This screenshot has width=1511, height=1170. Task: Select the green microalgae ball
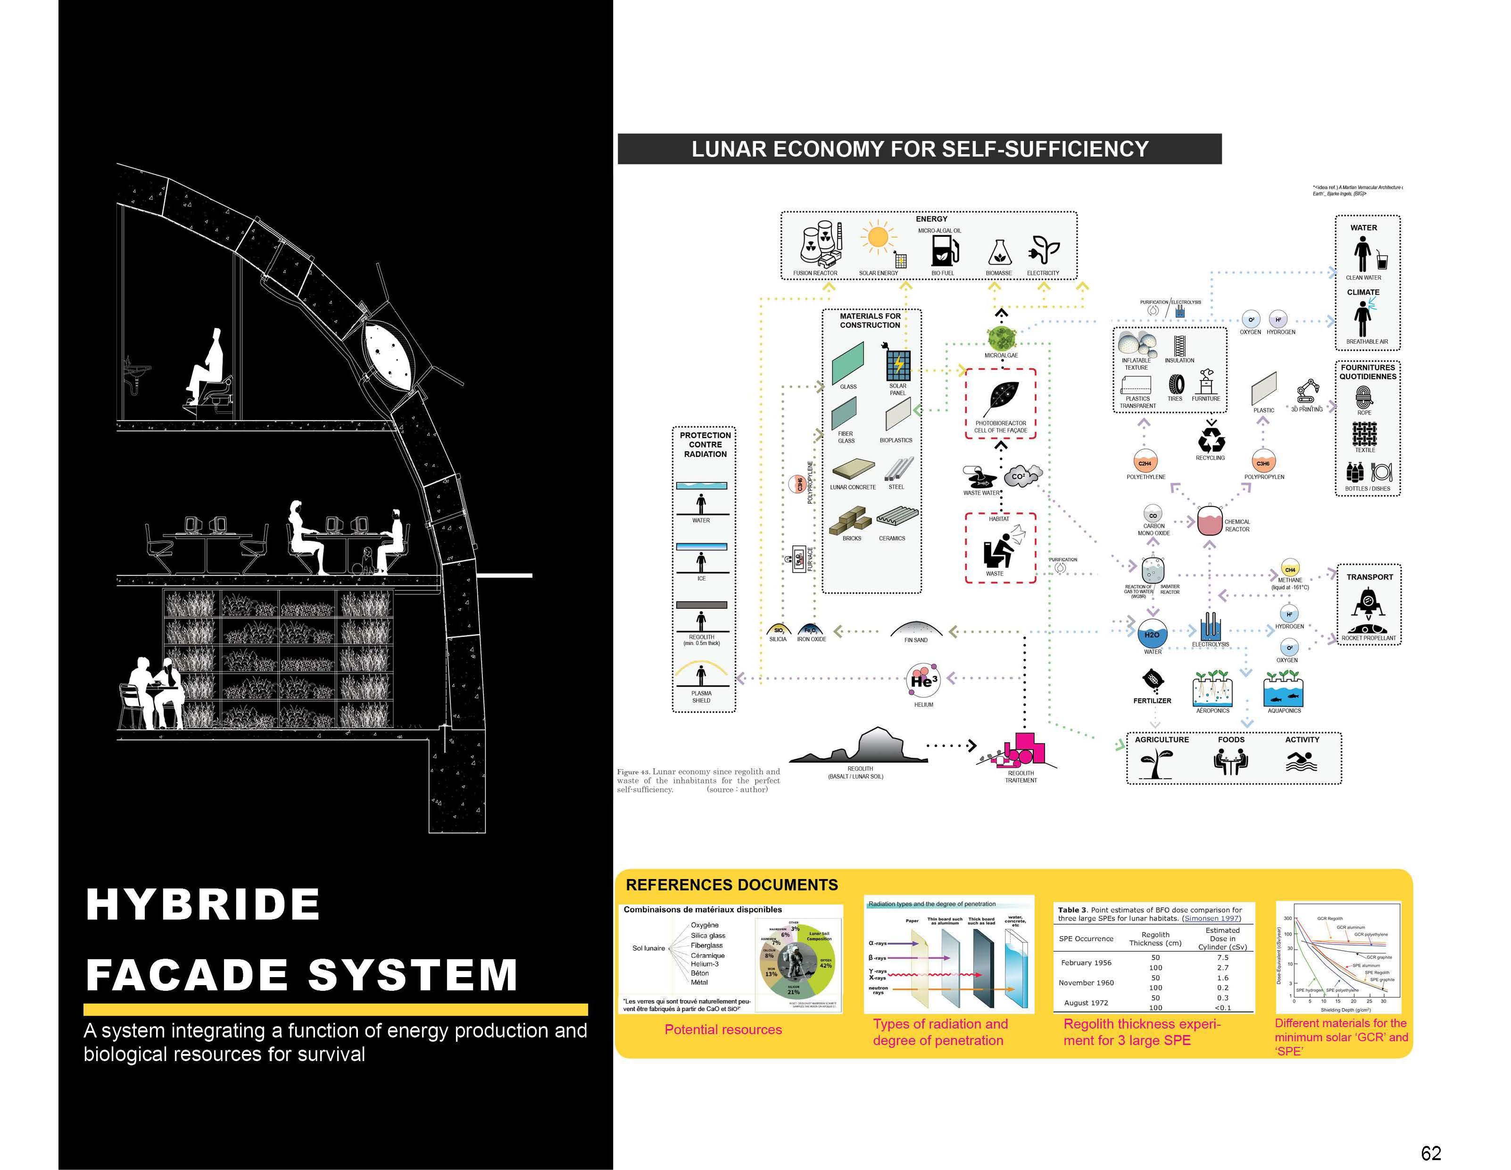pos(1000,338)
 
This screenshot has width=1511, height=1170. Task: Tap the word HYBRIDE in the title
pos(203,904)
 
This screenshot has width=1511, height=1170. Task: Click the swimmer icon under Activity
pos(1301,761)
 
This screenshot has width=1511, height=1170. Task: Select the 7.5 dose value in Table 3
pos(1222,958)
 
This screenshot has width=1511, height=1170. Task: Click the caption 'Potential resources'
pos(723,1029)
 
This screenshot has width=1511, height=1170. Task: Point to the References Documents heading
pos(731,885)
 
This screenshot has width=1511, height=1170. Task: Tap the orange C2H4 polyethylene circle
pos(1145,464)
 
